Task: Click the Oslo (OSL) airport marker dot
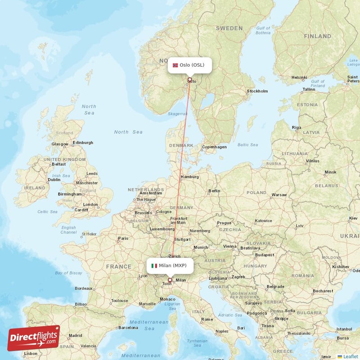189,80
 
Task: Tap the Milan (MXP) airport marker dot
170,280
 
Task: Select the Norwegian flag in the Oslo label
175,65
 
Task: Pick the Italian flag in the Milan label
154,265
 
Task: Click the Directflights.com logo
34,338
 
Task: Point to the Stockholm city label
257,91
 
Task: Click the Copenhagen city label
214,147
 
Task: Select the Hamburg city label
189,177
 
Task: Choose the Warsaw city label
279,195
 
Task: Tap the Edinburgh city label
84,143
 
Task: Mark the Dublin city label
54,180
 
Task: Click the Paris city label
123,238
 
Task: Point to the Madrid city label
76,335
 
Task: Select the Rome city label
207,319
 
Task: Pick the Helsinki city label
299,77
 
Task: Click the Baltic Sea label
247,145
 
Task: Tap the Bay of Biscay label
68,273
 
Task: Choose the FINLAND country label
318,36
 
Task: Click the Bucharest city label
324,291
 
